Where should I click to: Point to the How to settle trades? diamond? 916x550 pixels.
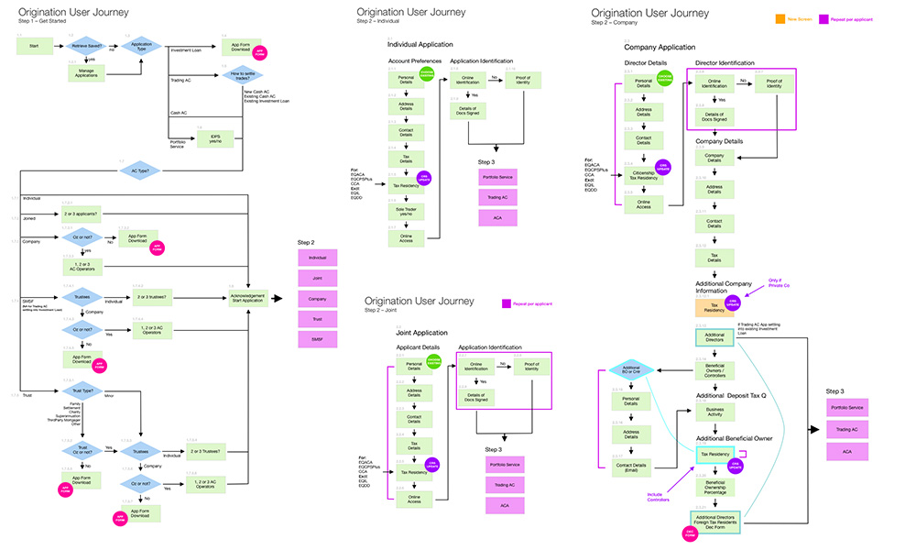242,77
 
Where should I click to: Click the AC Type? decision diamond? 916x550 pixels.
138,170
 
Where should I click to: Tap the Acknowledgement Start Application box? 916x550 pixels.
249,299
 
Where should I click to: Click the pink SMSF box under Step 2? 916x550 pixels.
317,340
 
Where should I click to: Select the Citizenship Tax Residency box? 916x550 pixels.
644,173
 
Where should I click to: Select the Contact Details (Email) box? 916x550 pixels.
632,467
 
